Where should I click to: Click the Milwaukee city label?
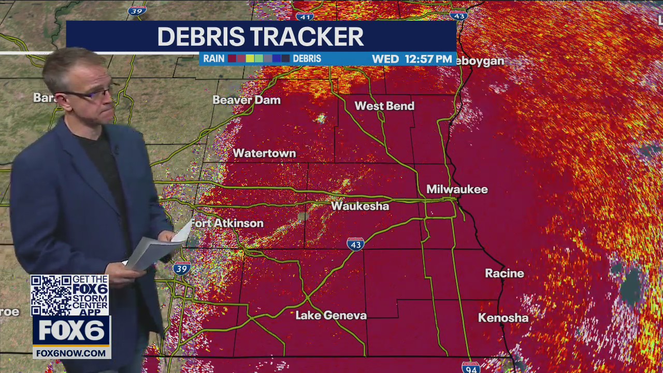(x=457, y=190)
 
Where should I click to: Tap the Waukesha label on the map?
(x=360, y=206)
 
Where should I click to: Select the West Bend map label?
(x=384, y=106)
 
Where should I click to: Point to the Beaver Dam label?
(x=247, y=100)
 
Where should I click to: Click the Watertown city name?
(x=264, y=153)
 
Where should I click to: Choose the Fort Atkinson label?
(x=227, y=223)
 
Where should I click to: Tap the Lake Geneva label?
(x=331, y=315)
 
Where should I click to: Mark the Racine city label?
(x=504, y=274)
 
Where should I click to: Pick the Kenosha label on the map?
(x=503, y=318)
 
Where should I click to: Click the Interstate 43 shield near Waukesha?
(x=355, y=244)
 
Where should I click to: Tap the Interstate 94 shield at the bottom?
(x=470, y=367)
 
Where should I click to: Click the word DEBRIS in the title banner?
(x=201, y=37)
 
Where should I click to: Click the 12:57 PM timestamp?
(x=428, y=59)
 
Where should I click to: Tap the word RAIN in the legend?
(x=213, y=59)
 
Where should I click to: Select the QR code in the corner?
(x=51, y=295)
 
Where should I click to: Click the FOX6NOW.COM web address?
(x=71, y=353)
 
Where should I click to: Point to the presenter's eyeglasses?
(x=91, y=94)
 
